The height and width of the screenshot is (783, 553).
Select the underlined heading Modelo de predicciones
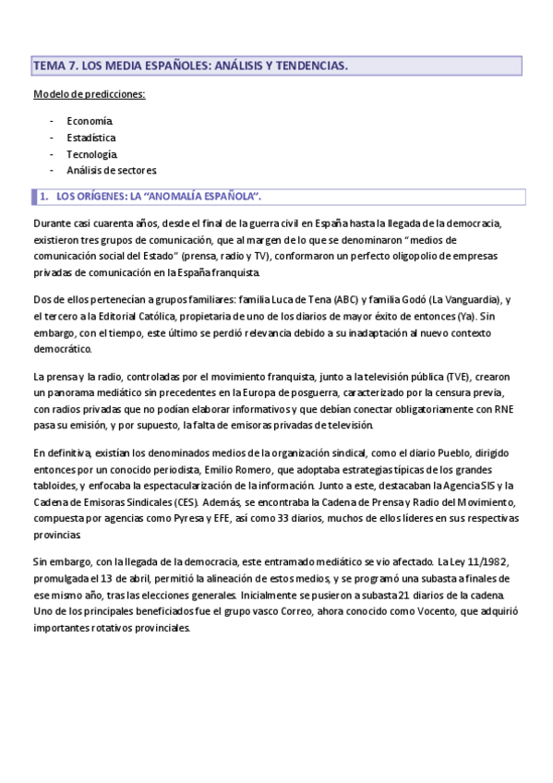(89, 95)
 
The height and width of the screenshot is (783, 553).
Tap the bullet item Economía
(90, 121)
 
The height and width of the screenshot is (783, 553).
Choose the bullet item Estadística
(91, 138)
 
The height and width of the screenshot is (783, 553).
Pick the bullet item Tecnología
(92, 153)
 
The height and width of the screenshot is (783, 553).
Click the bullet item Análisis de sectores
(112, 170)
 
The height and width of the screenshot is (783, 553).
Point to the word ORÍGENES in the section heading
(102, 197)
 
